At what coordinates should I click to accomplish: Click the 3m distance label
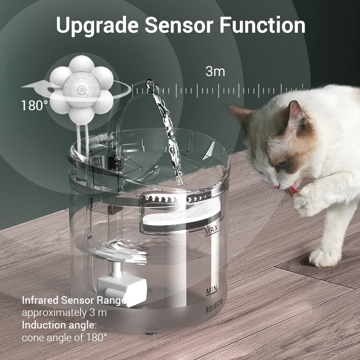point(215,71)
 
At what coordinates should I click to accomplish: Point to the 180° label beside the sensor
point(34,106)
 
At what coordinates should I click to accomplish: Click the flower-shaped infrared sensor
point(81,90)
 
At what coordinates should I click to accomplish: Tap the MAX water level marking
point(211,232)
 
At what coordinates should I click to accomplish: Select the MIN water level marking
point(211,290)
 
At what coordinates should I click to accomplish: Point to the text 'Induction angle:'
point(59,325)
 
